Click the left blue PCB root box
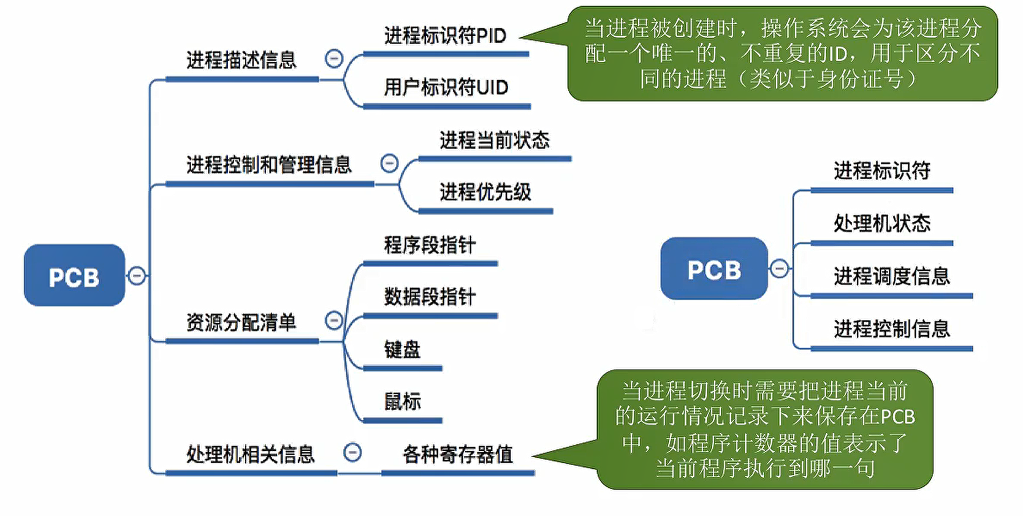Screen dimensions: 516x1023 pyautogui.click(x=74, y=276)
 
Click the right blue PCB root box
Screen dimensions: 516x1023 pyautogui.click(x=714, y=269)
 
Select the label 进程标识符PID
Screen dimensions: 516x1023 pyautogui.click(x=445, y=36)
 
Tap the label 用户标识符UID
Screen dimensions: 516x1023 pyautogui.click(x=446, y=87)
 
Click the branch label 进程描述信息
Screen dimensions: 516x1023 pyautogui.click(x=241, y=60)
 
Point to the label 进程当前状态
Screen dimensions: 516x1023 pyautogui.click(x=494, y=140)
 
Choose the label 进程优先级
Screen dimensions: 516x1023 pyautogui.click(x=485, y=192)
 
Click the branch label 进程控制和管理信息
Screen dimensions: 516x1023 pyautogui.click(x=268, y=164)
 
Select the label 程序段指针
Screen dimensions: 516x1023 pyautogui.click(x=430, y=245)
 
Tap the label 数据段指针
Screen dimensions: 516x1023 pyautogui.click(x=430, y=297)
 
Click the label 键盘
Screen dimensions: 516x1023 pyautogui.click(x=402, y=349)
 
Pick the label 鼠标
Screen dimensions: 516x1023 pyautogui.click(x=402, y=401)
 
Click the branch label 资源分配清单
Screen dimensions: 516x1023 pyautogui.click(x=241, y=322)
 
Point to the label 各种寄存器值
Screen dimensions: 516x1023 pyautogui.click(x=457, y=454)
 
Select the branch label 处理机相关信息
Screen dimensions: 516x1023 pyautogui.click(x=250, y=454)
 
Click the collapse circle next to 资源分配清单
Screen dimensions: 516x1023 pyautogui.click(x=334, y=320)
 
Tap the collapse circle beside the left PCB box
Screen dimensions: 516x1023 pyautogui.click(x=137, y=276)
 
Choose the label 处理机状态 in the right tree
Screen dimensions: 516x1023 pyautogui.click(x=881, y=223)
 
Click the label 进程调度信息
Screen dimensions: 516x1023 pyautogui.click(x=891, y=276)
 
